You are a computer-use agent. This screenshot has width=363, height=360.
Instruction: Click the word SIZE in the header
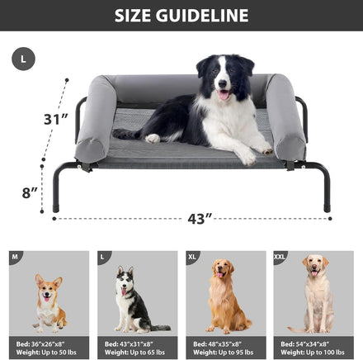pyautogui.click(x=133, y=16)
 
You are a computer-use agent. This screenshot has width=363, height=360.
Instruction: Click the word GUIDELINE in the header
pyautogui.click(x=202, y=16)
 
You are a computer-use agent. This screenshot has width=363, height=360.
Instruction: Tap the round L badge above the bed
pyautogui.click(x=23, y=59)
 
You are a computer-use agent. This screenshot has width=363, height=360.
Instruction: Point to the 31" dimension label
pyautogui.click(x=56, y=119)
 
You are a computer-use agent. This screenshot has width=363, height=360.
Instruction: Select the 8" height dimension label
pyautogui.click(x=30, y=192)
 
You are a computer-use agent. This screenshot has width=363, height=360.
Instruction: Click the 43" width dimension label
pyautogui.click(x=200, y=219)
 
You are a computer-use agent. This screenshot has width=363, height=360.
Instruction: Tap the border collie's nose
pyautogui.click(x=222, y=83)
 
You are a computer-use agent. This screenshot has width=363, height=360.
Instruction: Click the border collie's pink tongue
pyautogui.click(x=224, y=95)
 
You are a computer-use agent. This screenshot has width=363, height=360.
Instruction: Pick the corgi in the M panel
pyautogui.click(x=49, y=303)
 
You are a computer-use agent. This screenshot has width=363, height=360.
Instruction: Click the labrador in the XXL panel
pyautogui.click(x=315, y=294)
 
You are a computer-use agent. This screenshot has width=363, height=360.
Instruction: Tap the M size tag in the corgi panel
pyautogui.click(x=15, y=257)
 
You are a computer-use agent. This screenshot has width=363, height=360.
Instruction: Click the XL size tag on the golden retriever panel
pyautogui.click(x=192, y=257)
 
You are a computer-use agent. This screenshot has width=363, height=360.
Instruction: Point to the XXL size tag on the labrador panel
pyautogui.click(x=280, y=257)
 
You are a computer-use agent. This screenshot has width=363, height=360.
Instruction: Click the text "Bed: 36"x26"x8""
pyautogui.click(x=40, y=344)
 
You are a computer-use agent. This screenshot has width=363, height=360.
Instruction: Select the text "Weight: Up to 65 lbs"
pyautogui.click(x=134, y=353)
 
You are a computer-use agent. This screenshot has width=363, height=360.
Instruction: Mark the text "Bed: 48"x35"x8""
pyautogui.click(x=218, y=344)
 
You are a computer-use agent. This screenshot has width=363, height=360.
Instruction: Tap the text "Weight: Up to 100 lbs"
pyautogui.click(x=313, y=353)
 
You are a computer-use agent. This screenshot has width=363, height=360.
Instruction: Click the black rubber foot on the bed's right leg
pyautogui.click(x=327, y=208)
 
